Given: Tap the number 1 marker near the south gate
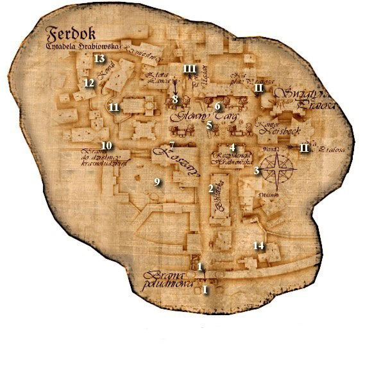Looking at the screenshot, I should pyautogui.click(x=200, y=266).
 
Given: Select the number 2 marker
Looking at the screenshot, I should pyautogui.click(x=210, y=188).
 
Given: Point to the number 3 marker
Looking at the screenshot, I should pyautogui.click(x=257, y=170).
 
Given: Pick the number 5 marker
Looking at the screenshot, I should pyautogui.click(x=209, y=125).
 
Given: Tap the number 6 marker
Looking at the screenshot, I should pyautogui.click(x=217, y=106).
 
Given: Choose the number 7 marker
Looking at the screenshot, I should pyautogui.click(x=171, y=145).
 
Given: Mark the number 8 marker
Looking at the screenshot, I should pyautogui.click(x=174, y=99).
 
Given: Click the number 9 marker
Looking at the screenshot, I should pyautogui.click(x=156, y=182).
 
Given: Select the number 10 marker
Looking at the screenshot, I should pyautogui.click(x=106, y=145).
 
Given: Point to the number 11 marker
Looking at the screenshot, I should pyautogui.click(x=114, y=107).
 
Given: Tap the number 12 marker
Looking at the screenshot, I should pyautogui.click(x=89, y=83).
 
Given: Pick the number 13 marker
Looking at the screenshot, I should pyautogui.click(x=99, y=59).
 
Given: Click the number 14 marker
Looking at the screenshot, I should pyautogui.click(x=258, y=245).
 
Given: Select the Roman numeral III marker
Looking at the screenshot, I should pyautogui.click(x=189, y=68).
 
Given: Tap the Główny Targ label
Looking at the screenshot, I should pyautogui.click(x=190, y=117).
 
